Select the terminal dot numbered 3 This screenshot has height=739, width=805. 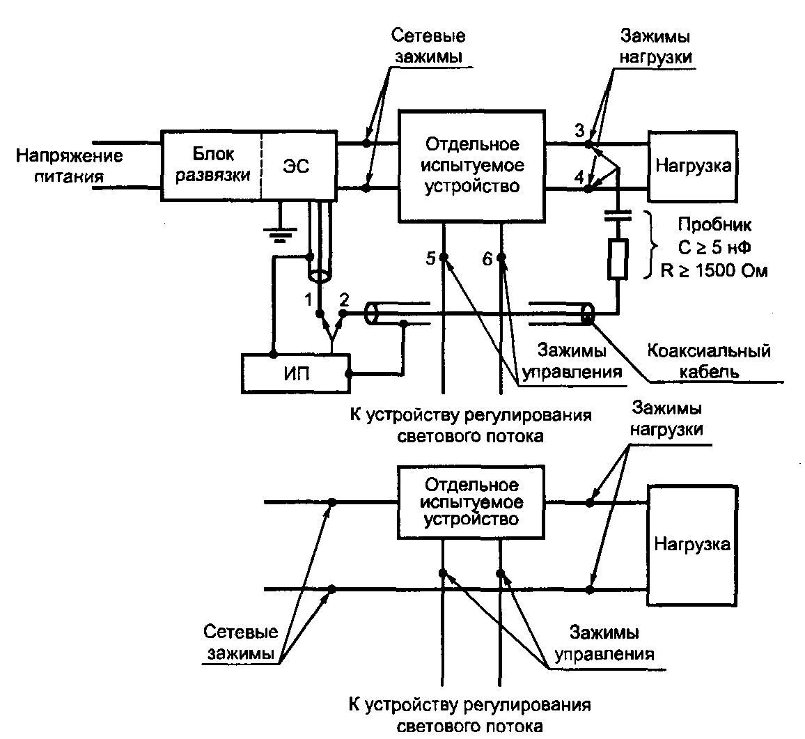pos(588,144)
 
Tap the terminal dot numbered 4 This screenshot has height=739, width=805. pos(588,188)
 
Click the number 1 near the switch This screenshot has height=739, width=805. pos(306,301)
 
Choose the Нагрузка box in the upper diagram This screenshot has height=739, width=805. pos(691,166)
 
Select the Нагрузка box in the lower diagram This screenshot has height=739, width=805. pos(691,543)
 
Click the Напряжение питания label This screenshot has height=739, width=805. pos(70,165)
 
